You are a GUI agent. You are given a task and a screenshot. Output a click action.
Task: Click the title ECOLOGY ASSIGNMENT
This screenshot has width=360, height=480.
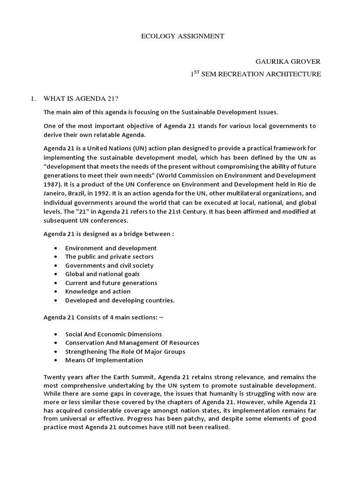coord(182,37)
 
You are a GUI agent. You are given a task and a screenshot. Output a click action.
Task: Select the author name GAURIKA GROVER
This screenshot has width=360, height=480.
coord(288,61)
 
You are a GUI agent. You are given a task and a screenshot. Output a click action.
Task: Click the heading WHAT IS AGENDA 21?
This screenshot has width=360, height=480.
coord(77,98)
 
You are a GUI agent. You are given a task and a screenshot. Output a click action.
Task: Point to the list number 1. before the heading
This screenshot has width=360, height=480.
coord(33,98)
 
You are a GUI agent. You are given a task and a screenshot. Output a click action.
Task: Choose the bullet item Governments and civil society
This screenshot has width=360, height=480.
coord(109,265)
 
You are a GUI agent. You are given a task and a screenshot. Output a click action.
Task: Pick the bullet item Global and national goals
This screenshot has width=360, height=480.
coord(102,274)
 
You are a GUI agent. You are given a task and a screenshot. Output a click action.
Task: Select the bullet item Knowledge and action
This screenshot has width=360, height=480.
coord(97,292)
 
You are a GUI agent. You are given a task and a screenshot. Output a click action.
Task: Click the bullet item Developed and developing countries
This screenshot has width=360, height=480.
coord(120,300)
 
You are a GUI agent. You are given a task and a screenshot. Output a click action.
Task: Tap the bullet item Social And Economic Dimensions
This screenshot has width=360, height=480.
coord(113,334)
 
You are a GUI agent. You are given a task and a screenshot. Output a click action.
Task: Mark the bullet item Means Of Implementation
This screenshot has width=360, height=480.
coord(104,360)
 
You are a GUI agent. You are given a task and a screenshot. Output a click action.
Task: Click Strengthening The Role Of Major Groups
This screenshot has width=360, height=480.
coord(125,352)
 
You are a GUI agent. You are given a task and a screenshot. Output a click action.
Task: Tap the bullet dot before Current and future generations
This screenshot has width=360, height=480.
coord(56,283)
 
